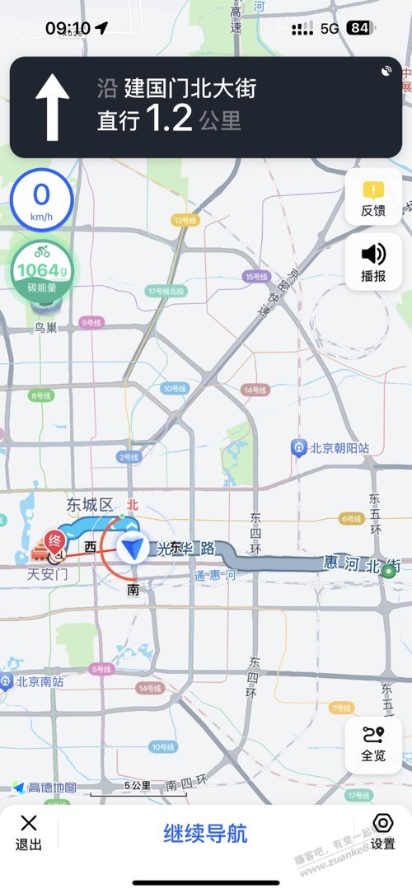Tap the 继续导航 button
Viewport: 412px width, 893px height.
(205, 833)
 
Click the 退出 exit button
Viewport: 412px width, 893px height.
(29, 832)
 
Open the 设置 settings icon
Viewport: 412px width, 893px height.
(382, 831)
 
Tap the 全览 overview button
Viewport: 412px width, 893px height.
(373, 745)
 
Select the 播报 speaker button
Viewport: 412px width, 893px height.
(373, 262)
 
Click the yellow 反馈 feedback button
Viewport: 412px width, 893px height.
(373, 198)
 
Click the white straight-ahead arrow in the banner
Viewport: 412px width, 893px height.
(53, 106)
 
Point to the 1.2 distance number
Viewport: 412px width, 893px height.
(169, 119)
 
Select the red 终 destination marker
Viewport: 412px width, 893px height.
(55, 541)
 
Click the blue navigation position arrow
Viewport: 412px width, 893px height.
(132, 548)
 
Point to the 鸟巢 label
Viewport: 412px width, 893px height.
(46, 328)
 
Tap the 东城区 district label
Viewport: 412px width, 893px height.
(90, 505)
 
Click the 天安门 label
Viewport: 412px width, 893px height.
(48, 573)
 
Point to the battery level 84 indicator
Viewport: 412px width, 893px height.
(358, 28)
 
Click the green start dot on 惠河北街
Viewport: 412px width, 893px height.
(388, 570)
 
